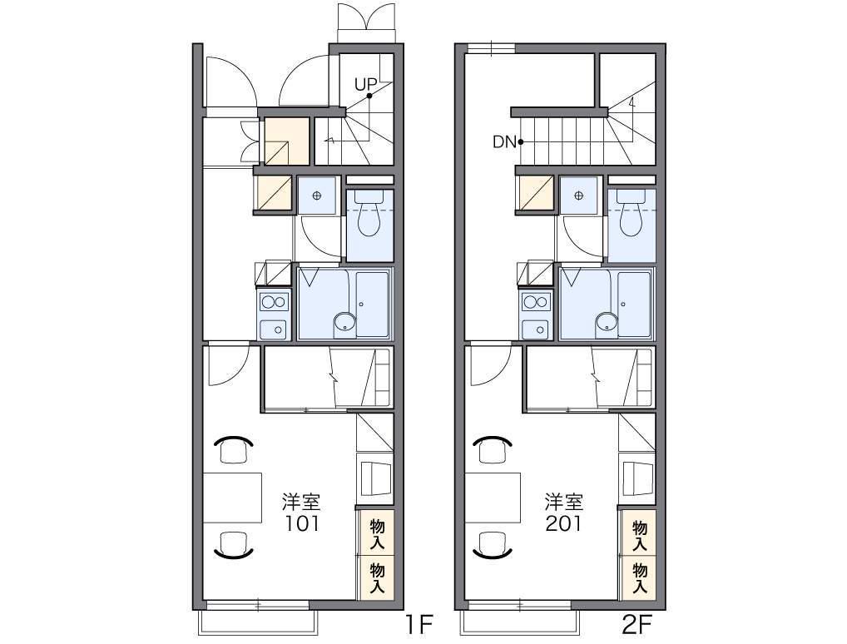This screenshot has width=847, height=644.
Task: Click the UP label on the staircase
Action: coord(365,84)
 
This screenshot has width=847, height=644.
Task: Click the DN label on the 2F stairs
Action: coord(504,142)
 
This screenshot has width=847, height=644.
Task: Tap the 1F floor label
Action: coord(419,625)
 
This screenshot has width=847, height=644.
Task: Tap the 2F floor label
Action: coord(636,625)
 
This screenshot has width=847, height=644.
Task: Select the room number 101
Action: coord(301,523)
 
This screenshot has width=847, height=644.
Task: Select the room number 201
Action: coord(563,523)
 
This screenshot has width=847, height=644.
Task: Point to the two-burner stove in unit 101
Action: coord(274,301)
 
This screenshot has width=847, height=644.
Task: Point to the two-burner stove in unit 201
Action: coord(535,301)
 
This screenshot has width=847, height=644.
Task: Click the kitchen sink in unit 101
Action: coord(274,329)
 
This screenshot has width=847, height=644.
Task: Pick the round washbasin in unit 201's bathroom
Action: coord(606,323)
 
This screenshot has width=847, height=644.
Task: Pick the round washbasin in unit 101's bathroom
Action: coord(344,323)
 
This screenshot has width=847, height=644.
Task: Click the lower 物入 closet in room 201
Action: coord(639,578)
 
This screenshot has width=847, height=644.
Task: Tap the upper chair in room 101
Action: coord(233,448)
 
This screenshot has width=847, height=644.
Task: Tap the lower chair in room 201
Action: coord(492,543)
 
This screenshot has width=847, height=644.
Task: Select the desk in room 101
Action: coord(232,498)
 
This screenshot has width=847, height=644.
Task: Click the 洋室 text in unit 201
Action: coord(563,503)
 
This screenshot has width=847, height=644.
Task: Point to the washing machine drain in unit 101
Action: coord(316,196)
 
